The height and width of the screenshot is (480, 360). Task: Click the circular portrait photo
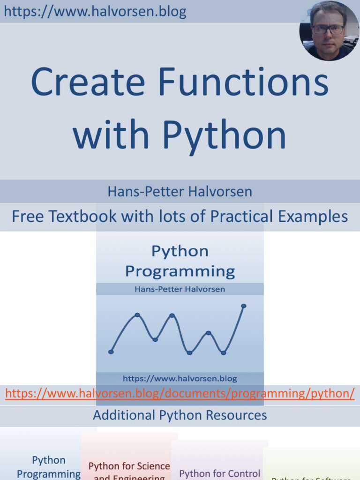point(329,30)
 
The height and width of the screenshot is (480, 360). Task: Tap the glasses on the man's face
point(328,29)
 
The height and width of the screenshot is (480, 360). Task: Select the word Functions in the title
point(243,82)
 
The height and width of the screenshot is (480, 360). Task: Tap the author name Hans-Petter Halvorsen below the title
point(180,192)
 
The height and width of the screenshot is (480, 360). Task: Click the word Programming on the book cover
point(180,271)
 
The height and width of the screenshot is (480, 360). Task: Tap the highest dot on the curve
point(244,306)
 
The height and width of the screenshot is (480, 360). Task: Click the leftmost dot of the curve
point(111,352)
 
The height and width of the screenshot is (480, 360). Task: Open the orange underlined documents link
point(180,393)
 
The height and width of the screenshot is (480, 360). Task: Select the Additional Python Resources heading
point(180,415)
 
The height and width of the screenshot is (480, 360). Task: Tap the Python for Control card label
point(220,473)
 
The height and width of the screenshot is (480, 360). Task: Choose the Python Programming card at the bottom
point(49,467)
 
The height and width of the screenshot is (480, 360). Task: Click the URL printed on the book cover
point(180,378)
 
